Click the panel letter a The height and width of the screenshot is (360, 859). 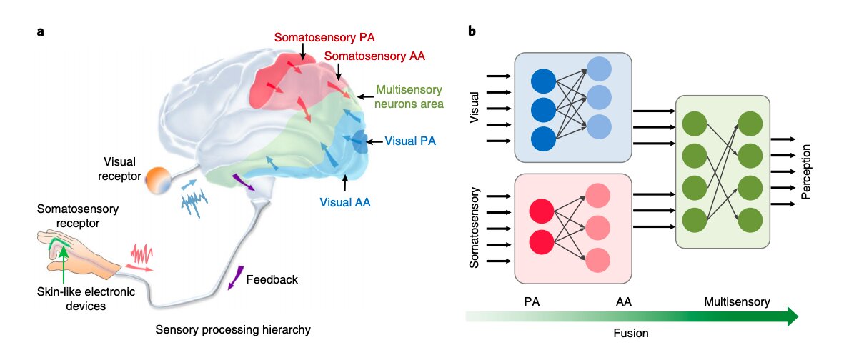(41, 31)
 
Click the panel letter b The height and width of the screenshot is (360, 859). (472, 31)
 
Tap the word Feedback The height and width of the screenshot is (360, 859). (272, 279)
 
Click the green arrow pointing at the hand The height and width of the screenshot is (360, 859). (64, 264)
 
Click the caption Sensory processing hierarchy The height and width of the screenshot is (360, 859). (234, 329)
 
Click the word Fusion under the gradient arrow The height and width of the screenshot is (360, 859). (631, 333)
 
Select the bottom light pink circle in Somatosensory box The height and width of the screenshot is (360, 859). (597, 259)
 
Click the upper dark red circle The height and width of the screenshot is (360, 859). (542, 213)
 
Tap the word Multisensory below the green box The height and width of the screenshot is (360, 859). (737, 302)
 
